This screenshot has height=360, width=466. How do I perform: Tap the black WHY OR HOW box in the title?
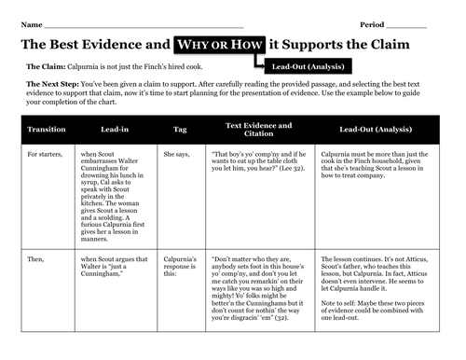click(x=217, y=44)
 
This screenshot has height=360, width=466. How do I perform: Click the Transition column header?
click(x=48, y=129)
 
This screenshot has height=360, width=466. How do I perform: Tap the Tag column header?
click(x=180, y=129)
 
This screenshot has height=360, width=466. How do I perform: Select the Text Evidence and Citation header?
click(x=258, y=129)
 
